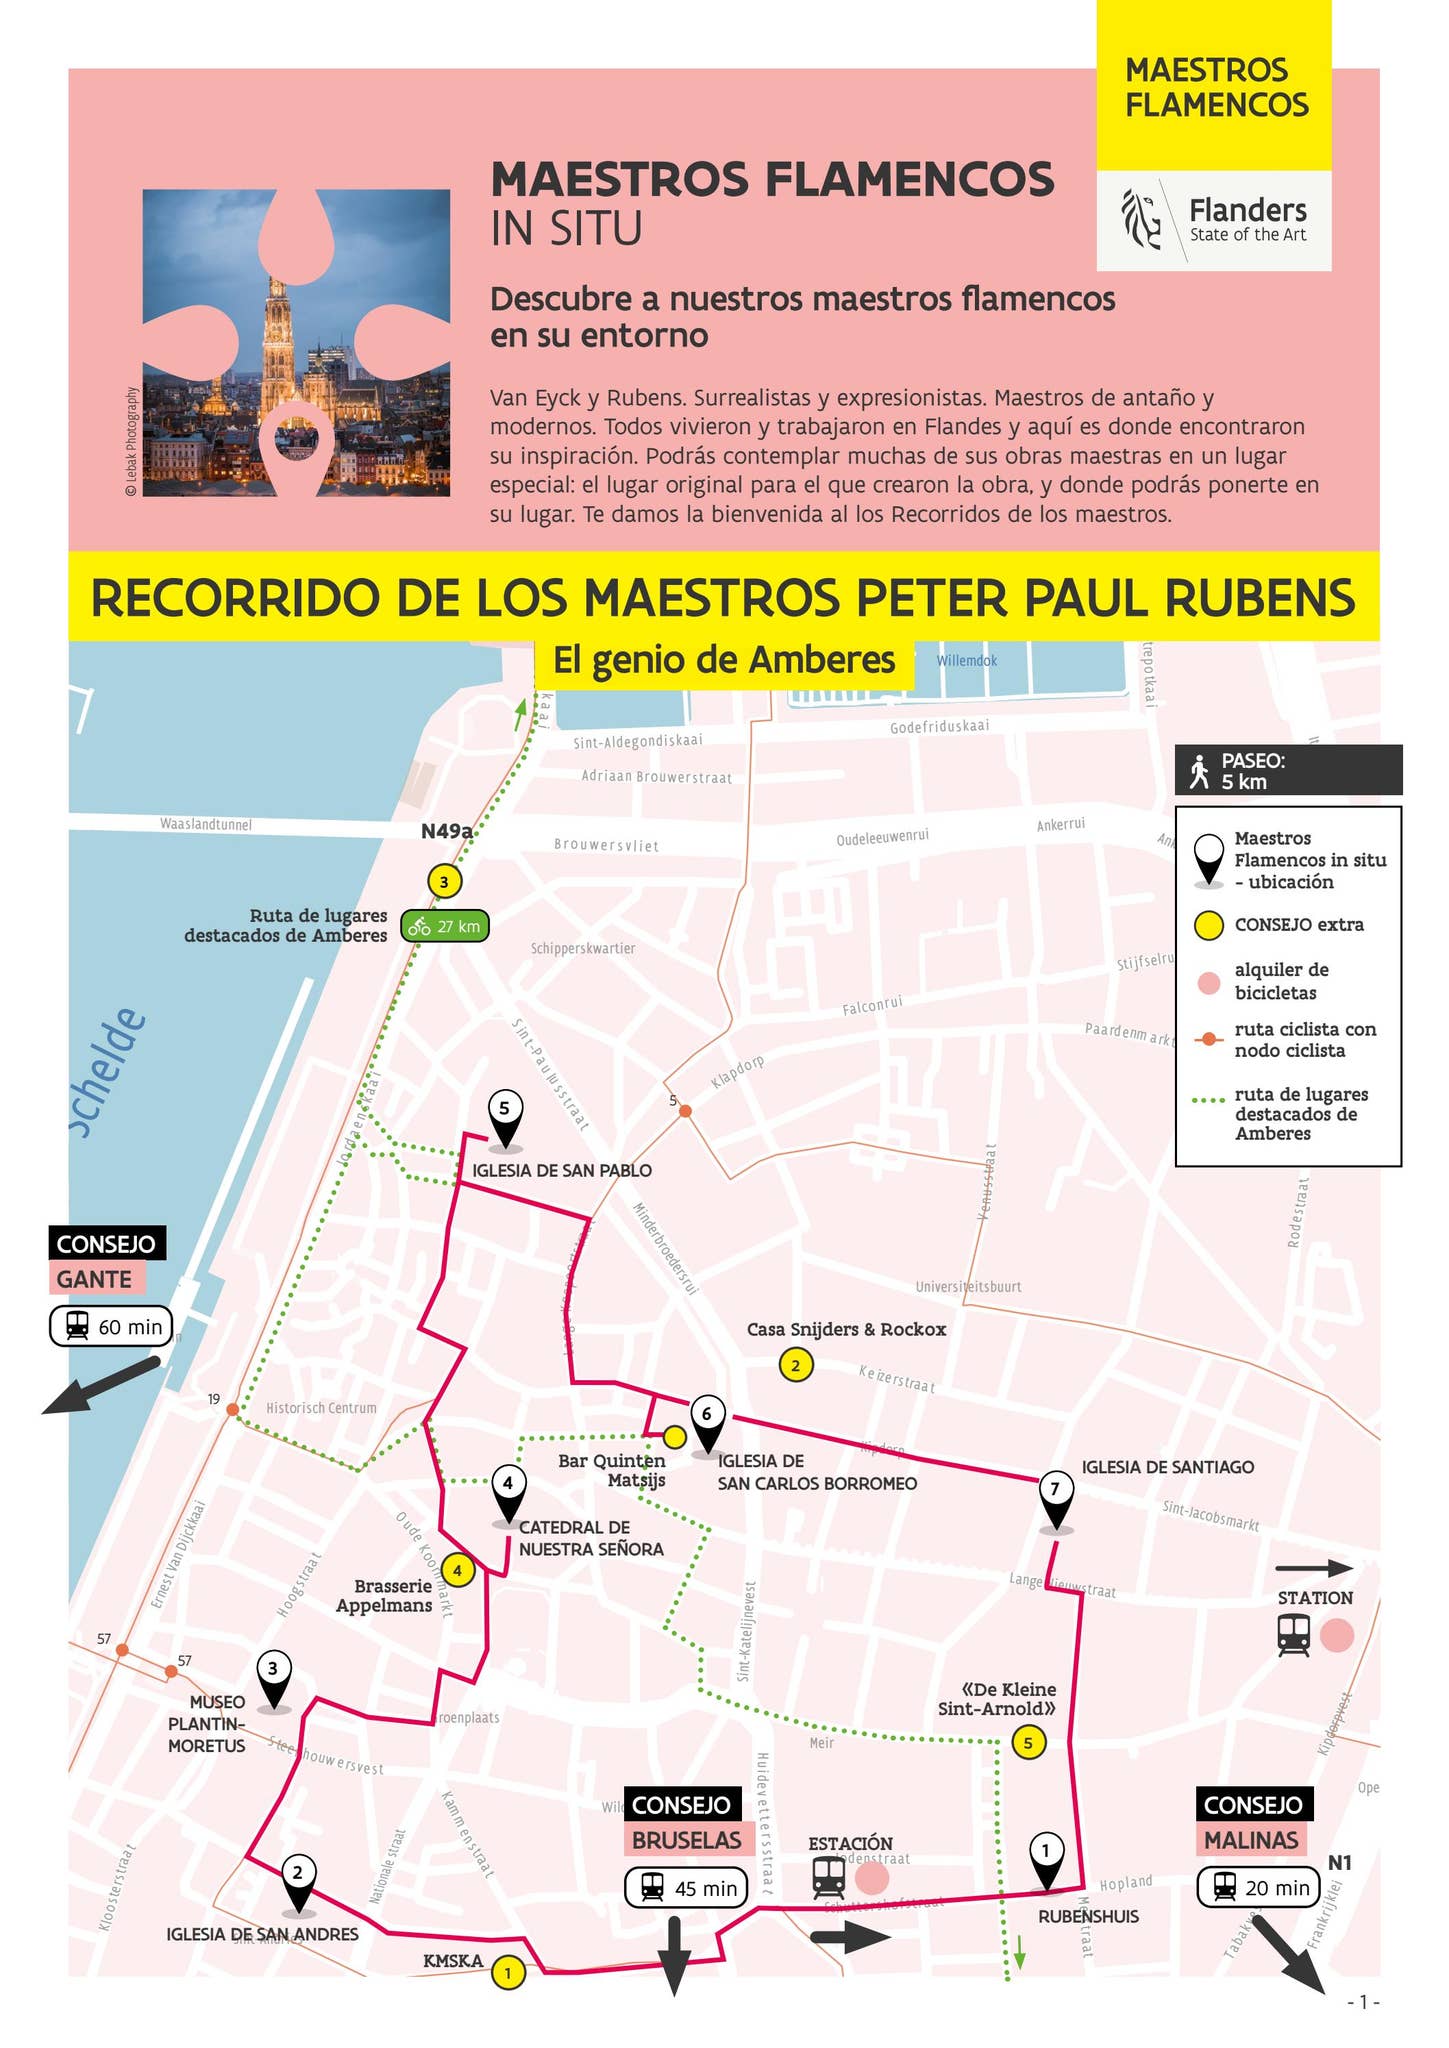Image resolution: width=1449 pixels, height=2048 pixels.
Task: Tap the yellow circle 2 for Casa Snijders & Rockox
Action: pyautogui.click(x=796, y=1365)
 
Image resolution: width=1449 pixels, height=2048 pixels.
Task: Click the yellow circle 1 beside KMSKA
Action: pyautogui.click(x=508, y=1973)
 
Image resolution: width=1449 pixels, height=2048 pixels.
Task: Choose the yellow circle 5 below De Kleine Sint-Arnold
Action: pyautogui.click(x=1028, y=1743)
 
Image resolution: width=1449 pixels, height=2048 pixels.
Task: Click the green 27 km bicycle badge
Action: pyautogui.click(x=445, y=927)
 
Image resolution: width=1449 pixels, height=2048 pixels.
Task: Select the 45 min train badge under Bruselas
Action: pyautogui.click(x=686, y=1888)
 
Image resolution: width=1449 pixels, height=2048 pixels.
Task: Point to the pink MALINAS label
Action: pyautogui.click(x=1251, y=1840)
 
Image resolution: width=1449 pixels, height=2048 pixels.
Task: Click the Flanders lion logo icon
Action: pyautogui.click(x=1141, y=219)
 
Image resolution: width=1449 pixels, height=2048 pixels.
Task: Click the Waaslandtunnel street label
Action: pyautogui.click(x=206, y=825)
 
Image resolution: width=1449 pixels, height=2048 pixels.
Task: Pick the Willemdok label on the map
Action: pyautogui.click(x=966, y=661)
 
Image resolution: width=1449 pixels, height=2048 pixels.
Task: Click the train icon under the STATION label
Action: pyautogui.click(x=1294, y=1636)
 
